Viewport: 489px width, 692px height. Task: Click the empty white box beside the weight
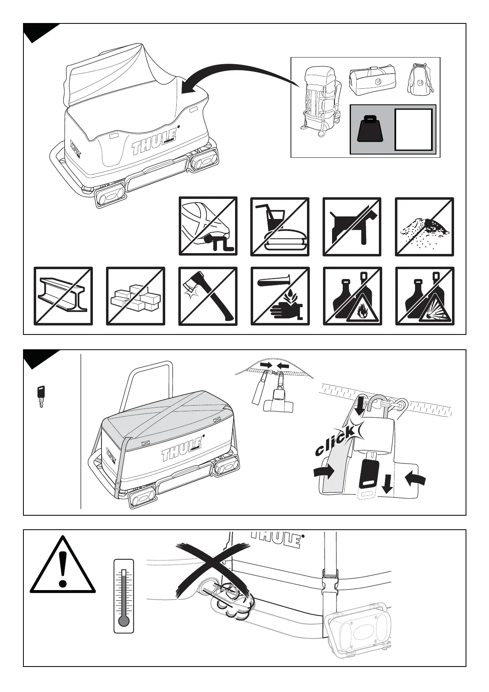(x=413, y=129)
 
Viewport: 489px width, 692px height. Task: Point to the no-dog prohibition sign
(x=352, y=227)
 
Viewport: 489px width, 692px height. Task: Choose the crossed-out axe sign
(x=208, y=296)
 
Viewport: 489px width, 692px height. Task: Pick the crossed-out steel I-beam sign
(x=63, y=296)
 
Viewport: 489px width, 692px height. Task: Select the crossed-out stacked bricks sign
(x=135, y=296)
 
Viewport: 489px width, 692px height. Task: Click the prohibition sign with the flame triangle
(x=353, y=296)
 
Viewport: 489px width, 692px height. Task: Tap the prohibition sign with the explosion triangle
(x=425, y=296)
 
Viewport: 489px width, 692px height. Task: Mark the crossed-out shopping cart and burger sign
(x=279, y=227)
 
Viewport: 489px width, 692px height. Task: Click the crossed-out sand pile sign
(x=424, y=227)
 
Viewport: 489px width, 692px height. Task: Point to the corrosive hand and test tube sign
(x=280, y=296)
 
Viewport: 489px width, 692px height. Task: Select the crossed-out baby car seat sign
(x=208, y=226)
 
